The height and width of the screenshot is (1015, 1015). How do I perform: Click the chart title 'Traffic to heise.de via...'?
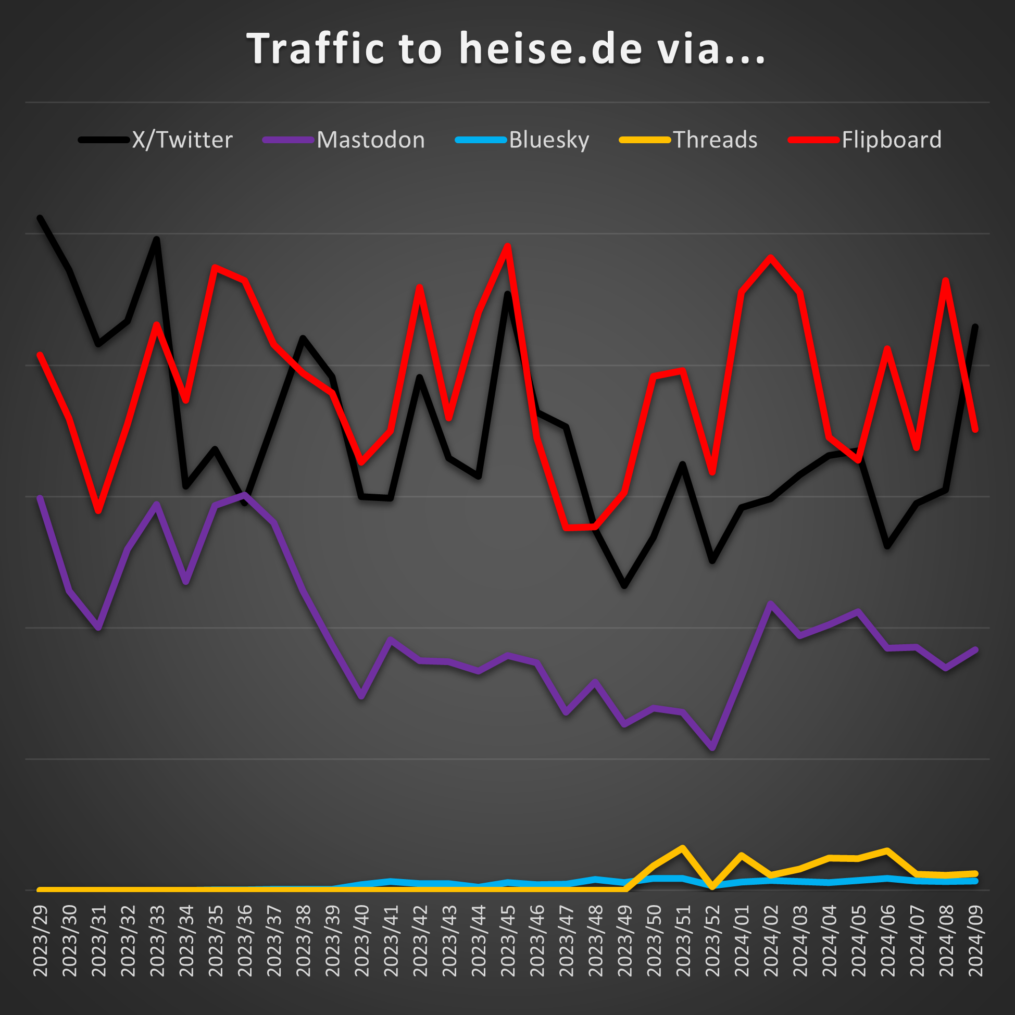click(506, 49)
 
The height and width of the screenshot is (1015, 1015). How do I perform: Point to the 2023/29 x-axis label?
click(41, 941)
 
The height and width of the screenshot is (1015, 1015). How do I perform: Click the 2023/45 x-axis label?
click(507, 941)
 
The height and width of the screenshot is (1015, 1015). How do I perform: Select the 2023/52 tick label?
click(712, 941)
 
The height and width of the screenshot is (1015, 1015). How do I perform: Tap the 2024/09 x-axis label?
click(975, 941)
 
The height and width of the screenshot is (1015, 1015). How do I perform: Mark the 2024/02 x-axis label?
click(770, 941)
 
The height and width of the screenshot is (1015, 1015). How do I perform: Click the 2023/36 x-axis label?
click(245, 941)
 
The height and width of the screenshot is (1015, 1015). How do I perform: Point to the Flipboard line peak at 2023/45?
click(507, 245)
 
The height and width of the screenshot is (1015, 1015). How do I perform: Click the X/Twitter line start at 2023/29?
click(40, 218)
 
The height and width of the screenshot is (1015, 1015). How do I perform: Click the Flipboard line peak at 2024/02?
click(770, 257)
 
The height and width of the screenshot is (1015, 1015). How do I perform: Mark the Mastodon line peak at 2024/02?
click(770, 604)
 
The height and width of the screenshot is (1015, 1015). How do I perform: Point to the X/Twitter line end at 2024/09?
click(975, 327)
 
